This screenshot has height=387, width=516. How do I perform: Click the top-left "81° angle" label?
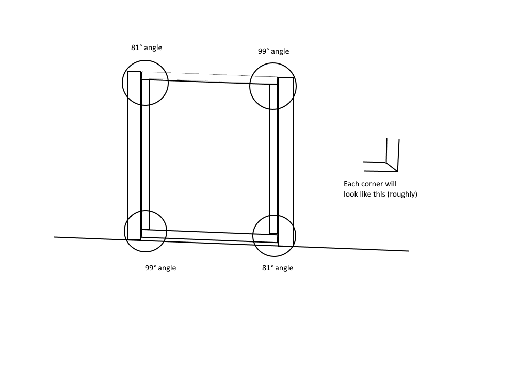tap(147, 47)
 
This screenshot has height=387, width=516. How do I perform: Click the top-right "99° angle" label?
tap(273, 51)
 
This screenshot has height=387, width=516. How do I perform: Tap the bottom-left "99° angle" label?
tap(160, 268)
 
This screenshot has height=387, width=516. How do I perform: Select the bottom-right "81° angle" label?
tap(278, 268)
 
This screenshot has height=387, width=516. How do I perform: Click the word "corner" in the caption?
tap(372, 184)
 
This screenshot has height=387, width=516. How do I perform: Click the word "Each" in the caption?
tap(351, 184)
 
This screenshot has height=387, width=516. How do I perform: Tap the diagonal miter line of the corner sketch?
tap(392, 167)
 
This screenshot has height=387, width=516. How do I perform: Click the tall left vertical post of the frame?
tap(134, 155)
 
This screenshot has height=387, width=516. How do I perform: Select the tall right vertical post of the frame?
tap(286, 162)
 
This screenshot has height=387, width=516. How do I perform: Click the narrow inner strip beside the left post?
tap(146, 155)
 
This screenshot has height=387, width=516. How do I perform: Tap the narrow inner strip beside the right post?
tap(273, 159)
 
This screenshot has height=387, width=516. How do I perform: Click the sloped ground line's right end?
tap(409, 251)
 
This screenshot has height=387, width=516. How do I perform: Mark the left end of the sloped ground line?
tap(54, 237)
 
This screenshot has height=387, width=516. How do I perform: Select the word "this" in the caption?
tap(379, 194)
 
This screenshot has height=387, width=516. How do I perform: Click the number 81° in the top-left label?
tap(137, 47)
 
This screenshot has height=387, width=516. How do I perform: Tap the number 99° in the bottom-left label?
tap(151, 267)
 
